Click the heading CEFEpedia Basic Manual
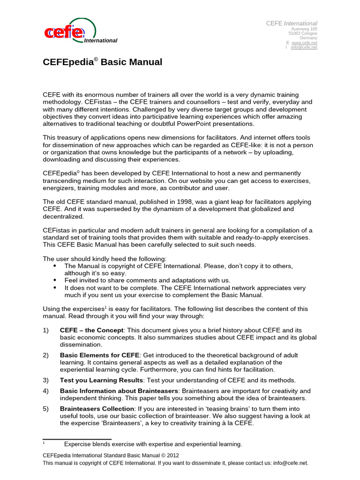(103, 62)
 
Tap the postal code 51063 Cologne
(303, 33)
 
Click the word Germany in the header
(308, 38)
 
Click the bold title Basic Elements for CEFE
(99, 355)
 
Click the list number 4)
(46, 391)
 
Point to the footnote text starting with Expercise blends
(153, 444)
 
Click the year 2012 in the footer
(171, 455)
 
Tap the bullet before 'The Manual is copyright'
(55, 266)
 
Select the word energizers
(60, 188)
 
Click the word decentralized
(63, 217)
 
